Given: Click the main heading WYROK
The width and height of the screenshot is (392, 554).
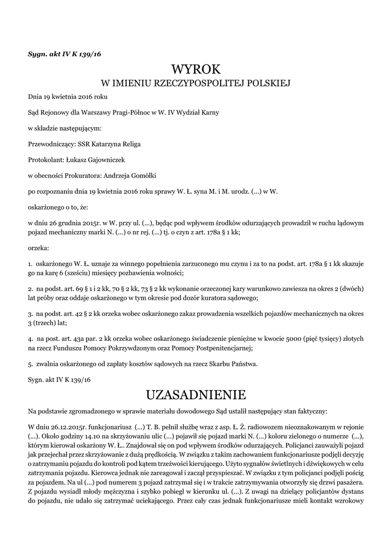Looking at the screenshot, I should tap(196, 70).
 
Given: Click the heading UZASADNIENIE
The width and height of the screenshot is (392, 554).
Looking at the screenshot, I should tap(196, 393).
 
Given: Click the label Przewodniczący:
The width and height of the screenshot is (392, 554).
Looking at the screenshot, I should tap(52, 144).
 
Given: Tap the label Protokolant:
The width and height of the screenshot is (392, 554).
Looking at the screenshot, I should tap(46, 160).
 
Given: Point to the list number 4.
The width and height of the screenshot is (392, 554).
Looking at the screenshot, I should tap(30, 338).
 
